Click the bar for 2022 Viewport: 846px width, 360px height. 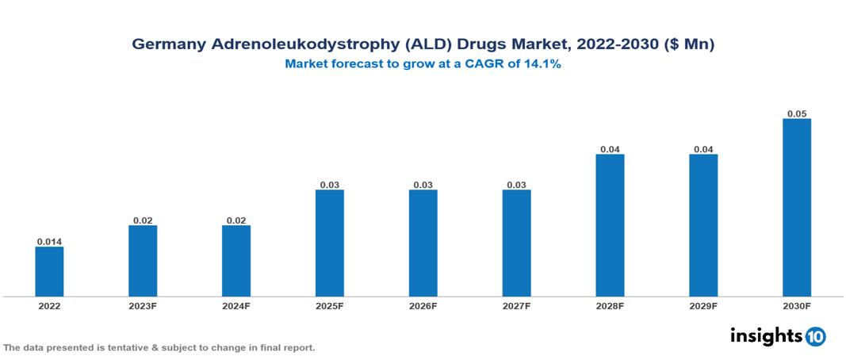[x=49, y=271]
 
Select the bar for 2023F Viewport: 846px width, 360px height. [x=143, y=261]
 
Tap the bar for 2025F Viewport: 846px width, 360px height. [x=330, y=243]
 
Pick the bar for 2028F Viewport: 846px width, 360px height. [x=610, y=225]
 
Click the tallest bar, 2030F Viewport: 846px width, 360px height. [x=797, y=208]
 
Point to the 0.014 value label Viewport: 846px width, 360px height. [x=49, y=241]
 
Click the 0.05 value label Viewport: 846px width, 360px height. [x=797, y=113]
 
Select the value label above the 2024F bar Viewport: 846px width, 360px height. [x=236, y=220]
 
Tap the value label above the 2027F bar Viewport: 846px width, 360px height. [x=516, y=185]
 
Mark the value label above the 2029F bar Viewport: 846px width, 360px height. [x=703, y=149]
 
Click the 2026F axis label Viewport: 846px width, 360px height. [x=423, y=306]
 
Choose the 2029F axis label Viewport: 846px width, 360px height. [x=703, y=306]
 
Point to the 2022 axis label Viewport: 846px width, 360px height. [x=49, y=306]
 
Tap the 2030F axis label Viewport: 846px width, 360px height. [x=797, y=306]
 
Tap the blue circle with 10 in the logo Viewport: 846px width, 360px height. [x=815, y=336]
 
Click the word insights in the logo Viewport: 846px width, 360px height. [x=766, y=335]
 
